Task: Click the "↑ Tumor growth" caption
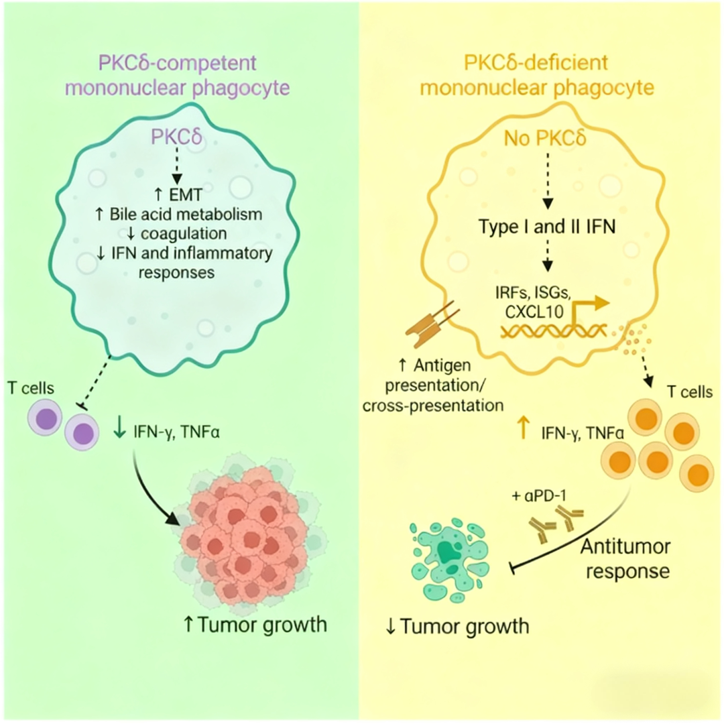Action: pyautogui.click(x=255, y=625)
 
